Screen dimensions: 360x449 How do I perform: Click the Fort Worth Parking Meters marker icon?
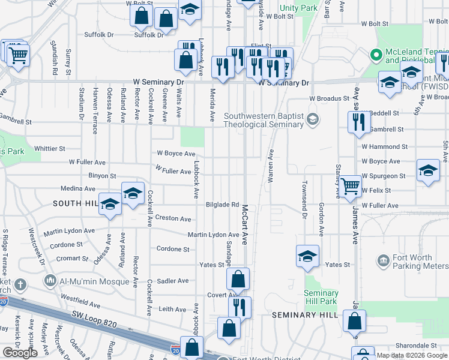[x=383, y=260]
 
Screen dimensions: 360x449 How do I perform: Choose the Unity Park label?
[x=298, y=9]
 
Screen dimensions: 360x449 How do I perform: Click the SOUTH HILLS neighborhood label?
[x=76, y=203]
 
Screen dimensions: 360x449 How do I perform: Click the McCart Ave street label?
[x=245, y=224]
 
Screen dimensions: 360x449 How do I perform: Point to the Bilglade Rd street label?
[x=222, y=205]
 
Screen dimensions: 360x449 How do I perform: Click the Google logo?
[x=20, y=353]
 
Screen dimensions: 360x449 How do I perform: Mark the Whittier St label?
[x=49, y=148]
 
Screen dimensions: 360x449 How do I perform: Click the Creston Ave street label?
[x=173, y=219]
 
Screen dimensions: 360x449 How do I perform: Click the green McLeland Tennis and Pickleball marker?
[x=376, y=56]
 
